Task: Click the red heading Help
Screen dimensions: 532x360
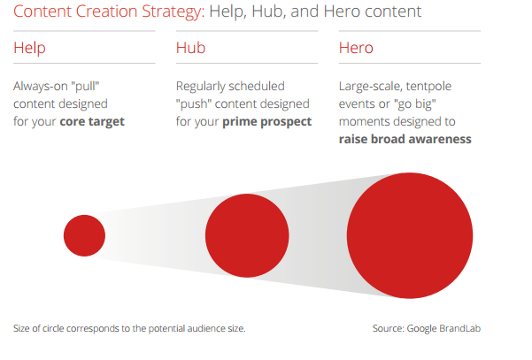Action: (x=29, y=48)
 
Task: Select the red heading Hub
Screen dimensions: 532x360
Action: (x=190, y=48)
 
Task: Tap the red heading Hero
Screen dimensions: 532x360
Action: (x=356, y=48)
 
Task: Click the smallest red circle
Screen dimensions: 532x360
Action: (x=84, y=235)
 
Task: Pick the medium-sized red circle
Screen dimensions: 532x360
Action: (x=247, y=235)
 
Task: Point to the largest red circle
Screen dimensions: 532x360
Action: (x=410, y=235)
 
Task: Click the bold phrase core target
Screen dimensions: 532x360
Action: (x=92, y=122)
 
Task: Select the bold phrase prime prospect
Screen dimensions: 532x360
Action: (x=266, y=122)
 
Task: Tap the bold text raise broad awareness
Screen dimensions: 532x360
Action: (x=405, y=139)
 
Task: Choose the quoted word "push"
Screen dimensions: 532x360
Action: (x=194, y=104)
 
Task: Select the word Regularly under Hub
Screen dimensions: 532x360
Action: (x=199, y=87)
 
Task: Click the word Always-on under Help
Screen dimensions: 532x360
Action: (x=41, y=87)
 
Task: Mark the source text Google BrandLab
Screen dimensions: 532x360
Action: (x=443, y=328)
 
